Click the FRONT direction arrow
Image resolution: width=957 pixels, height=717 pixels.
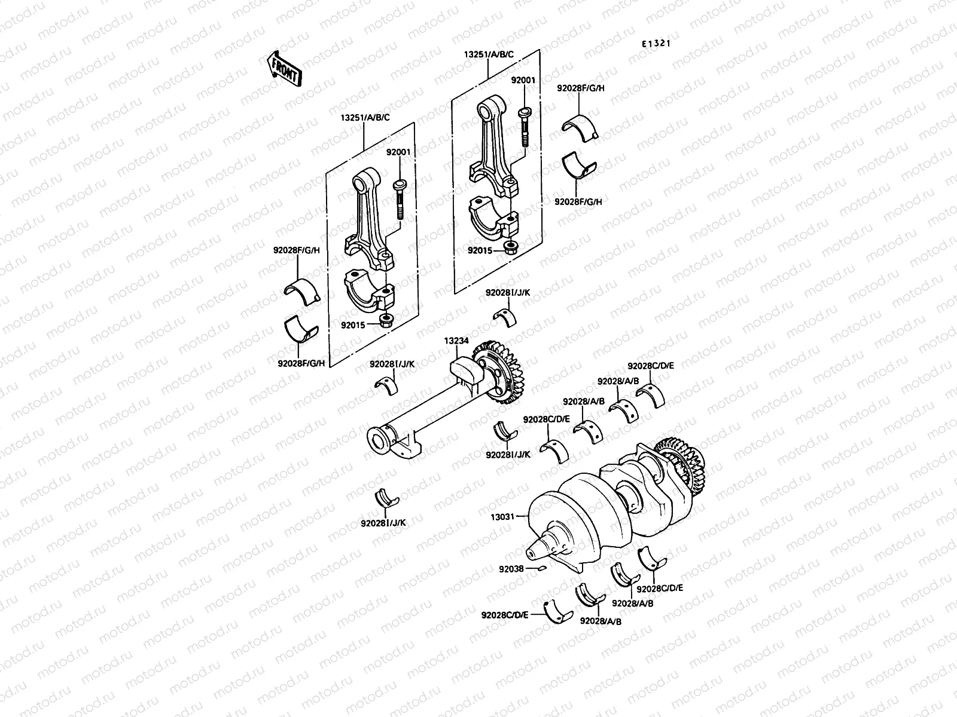click(283, 68)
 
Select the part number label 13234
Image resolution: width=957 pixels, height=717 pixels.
click(456, 341)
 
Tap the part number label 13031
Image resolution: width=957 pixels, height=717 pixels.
click(503, 516)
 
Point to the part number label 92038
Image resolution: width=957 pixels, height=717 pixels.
click(512, 569)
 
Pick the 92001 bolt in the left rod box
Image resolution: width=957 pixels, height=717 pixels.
click(399, 200)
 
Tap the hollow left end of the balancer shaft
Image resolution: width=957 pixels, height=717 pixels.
click(379, 441)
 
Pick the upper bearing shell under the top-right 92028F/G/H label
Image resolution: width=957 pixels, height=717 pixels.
click(580, 122)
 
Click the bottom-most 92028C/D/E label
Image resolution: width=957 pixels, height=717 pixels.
click(505, 614)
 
